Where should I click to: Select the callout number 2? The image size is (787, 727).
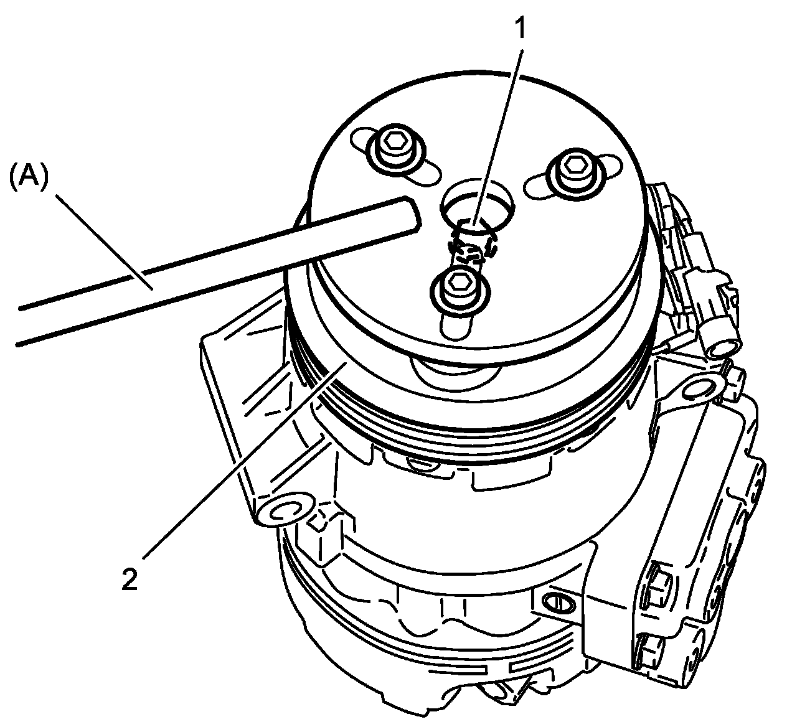tap(129, 579)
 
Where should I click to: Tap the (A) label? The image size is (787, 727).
tap(29, 179)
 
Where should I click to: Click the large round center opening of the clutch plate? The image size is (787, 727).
tap(477, 205)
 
